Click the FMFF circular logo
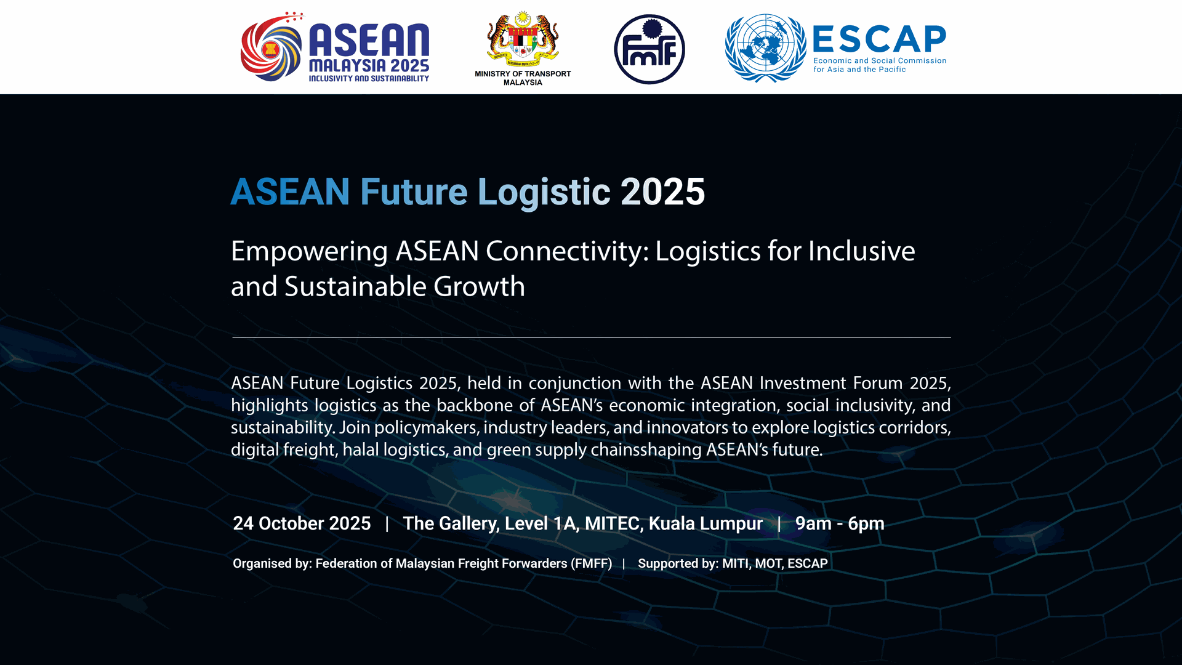coord(649,49)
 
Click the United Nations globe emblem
coord(765,48)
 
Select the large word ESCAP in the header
coord(879,39)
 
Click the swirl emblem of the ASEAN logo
coord(271,47)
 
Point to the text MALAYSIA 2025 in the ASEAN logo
coord(369,65)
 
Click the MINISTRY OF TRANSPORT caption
coord(523,74)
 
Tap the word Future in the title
coord(414,191)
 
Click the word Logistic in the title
coord(544,193)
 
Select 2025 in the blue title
coord(663,191)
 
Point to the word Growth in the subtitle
coord(479,286)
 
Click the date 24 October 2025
coord(302,523)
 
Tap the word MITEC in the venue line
coord(613,523)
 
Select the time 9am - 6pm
coord(840,523)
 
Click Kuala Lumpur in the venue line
coord(706,523)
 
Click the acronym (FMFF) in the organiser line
coord(592,563)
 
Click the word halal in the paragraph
coord(361,449)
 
